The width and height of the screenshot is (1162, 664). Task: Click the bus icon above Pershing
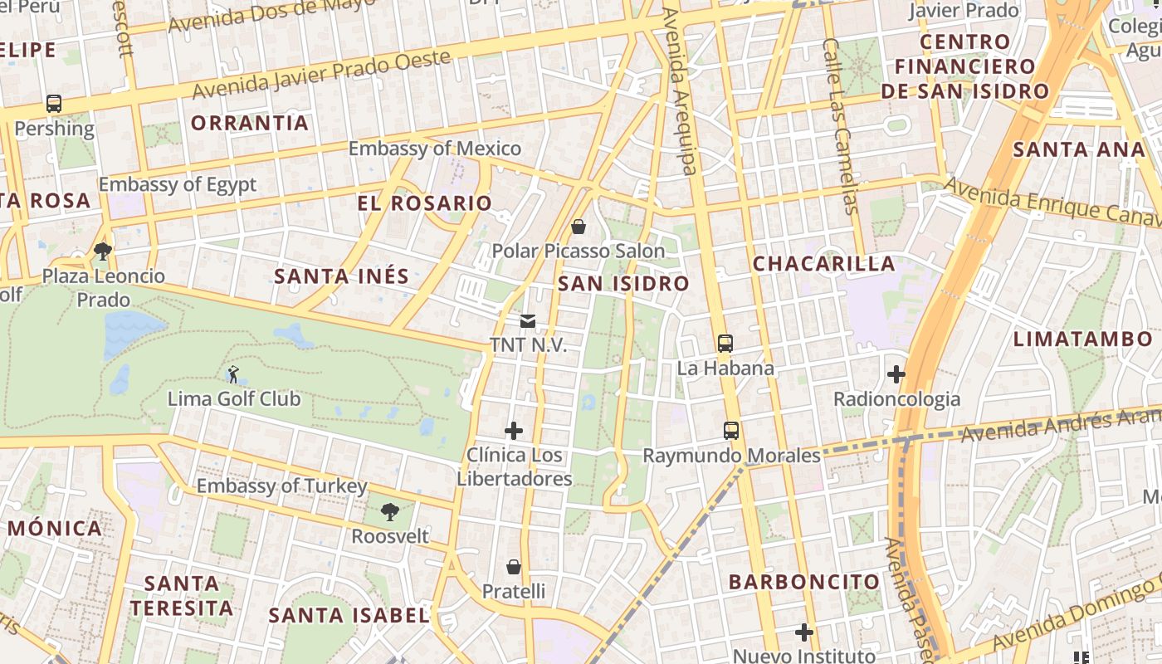(54, 104)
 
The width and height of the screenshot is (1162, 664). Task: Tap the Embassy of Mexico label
(434, 149)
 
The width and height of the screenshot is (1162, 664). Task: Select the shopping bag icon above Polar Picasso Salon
(579, 226)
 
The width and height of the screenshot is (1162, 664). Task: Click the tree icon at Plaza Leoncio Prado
(103, 251)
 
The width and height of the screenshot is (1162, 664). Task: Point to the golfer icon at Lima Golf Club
(233, 374)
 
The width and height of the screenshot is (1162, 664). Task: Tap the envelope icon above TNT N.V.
(528, 321)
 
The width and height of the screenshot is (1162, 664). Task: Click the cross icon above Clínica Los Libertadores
(514, 431)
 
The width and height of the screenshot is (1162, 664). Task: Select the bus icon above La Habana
(725, 343)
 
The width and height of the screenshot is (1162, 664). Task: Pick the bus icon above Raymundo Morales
(731, 431)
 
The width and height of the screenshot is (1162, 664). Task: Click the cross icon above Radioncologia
(896, 374)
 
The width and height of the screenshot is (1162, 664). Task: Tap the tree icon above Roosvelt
(389, 512)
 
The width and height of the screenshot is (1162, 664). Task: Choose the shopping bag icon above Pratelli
(514, 567)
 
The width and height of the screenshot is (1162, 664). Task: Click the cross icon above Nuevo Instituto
(803, 632)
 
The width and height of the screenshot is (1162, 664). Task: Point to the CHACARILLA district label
(823, 264)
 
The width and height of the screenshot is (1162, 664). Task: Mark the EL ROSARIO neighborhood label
(424, 203)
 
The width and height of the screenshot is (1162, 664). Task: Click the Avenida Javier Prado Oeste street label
(323, 73)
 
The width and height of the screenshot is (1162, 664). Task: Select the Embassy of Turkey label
(281, 486)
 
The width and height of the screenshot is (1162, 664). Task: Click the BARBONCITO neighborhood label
(803, 582)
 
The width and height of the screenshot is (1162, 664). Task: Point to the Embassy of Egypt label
(178, 184)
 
